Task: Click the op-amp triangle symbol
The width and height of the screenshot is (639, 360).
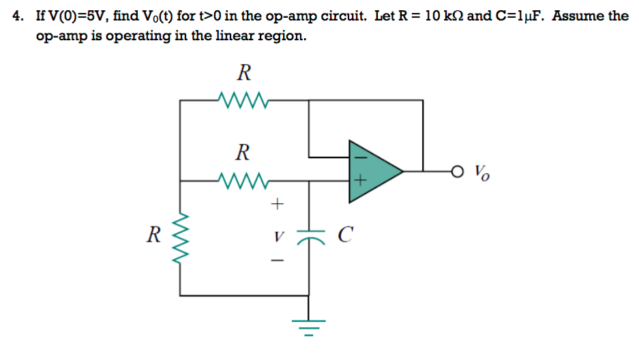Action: tap(372, 171)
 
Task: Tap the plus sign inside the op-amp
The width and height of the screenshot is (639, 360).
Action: tap(359, 182)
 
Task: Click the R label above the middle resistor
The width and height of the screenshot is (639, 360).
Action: tap(241, 152)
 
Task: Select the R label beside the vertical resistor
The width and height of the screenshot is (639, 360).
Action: tap(154, 236)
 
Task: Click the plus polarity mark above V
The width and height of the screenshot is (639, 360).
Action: tap(276, 203)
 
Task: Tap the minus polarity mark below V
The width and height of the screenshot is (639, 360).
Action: tap(276, 262)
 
